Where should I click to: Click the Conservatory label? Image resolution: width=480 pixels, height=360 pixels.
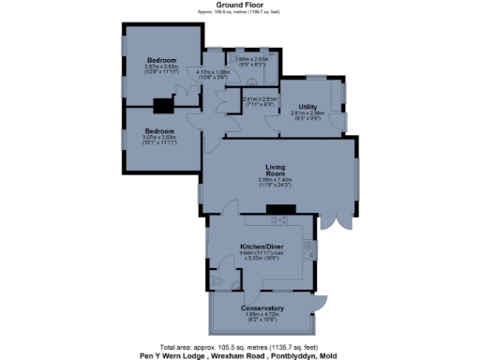pyautogui.click(x=262, y=308)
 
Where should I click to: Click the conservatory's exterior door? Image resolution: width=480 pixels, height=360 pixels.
pyautogui.click(x=321, y=302)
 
